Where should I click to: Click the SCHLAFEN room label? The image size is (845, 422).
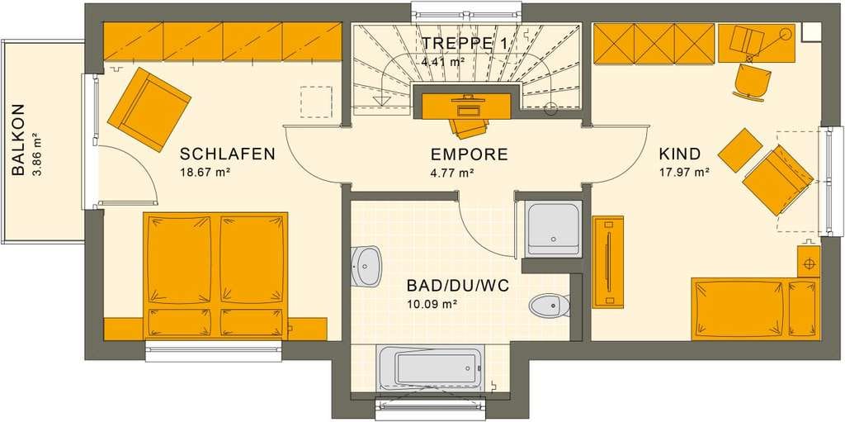228,154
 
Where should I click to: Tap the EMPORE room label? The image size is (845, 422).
470,155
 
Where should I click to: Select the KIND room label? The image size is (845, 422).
680,154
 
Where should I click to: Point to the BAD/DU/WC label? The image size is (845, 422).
458,286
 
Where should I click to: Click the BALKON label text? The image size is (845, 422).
18,140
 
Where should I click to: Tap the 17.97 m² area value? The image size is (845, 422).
684,173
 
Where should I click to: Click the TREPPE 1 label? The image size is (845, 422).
464,44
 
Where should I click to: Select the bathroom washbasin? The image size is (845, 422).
366,265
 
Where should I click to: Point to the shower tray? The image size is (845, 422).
554,229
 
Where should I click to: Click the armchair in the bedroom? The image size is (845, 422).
149,110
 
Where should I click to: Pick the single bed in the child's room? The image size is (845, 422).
756,309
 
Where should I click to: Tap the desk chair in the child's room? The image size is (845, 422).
751,82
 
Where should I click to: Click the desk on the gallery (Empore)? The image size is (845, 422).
465,107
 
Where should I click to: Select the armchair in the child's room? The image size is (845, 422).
777,180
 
